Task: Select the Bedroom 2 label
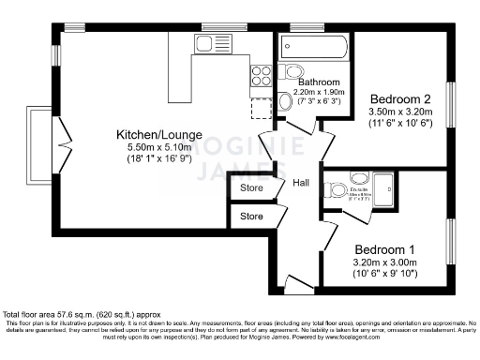tap(400, 99)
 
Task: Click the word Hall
tap(302, 183)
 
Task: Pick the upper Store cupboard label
tap(251, 188)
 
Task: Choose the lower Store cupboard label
tap(251, 217)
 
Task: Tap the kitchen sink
tap(206, 43)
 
